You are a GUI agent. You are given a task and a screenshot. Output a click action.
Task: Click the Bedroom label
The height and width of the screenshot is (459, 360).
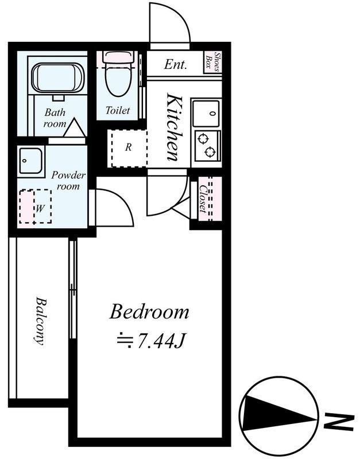(x=149, y=312)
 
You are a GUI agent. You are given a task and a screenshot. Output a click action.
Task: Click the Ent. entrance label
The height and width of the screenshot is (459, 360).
(x=176, y=64)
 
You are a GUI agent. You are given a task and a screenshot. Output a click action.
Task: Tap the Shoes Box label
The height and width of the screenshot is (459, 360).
(x=213, y=62)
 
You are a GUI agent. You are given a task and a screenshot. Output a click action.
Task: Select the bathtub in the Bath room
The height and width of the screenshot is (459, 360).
(x=58, y=78)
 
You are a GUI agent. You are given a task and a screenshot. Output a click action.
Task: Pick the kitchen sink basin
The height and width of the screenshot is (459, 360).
(x=206, y=113)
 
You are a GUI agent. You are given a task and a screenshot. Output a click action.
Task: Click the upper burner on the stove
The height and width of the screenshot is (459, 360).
(x=203, y=139)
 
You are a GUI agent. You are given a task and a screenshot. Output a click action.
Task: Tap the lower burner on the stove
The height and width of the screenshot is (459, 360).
(x=210, y=152)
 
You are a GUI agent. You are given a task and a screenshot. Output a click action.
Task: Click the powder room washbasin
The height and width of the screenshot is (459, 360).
(x=31, y=161)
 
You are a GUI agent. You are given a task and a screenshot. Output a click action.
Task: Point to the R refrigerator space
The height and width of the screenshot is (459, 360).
(x=129, y=149)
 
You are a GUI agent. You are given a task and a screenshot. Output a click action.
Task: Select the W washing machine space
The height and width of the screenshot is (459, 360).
(x=36, y=207)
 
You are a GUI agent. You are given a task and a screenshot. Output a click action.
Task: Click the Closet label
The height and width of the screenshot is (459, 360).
(x=203, y=199)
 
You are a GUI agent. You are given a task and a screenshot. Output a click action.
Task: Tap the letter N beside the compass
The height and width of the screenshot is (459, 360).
(x=339, y=422)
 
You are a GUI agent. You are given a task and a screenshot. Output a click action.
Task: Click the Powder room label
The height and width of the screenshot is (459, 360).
(x=68, y=180)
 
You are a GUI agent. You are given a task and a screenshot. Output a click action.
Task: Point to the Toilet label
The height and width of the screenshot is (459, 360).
(x=118, y=110)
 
